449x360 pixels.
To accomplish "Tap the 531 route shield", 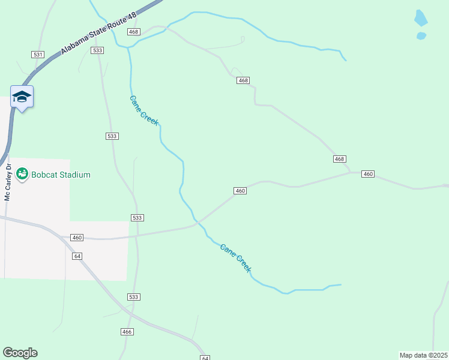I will [38, 55].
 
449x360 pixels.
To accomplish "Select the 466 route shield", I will [127, 332].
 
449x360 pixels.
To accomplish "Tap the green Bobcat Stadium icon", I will [22, 174].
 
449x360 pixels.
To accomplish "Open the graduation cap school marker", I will [22, 97].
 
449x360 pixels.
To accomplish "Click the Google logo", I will [20, 353].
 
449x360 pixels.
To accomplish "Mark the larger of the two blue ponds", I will [421, 18].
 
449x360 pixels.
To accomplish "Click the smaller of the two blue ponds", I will [421, 36].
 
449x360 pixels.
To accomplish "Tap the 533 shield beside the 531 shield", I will [98, 51].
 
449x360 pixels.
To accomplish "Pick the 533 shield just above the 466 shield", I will [134, 297].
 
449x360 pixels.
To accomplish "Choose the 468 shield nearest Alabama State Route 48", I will [133, 32].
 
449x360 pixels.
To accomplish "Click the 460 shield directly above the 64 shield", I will [76, 238].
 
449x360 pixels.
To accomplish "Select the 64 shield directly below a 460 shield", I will [77, 256].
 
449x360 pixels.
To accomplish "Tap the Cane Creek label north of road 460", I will [145, 110].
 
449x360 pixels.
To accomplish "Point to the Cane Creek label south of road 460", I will [236, 257].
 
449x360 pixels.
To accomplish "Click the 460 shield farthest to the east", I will [368, 174].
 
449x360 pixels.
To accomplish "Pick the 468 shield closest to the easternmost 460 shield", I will [340, 159].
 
